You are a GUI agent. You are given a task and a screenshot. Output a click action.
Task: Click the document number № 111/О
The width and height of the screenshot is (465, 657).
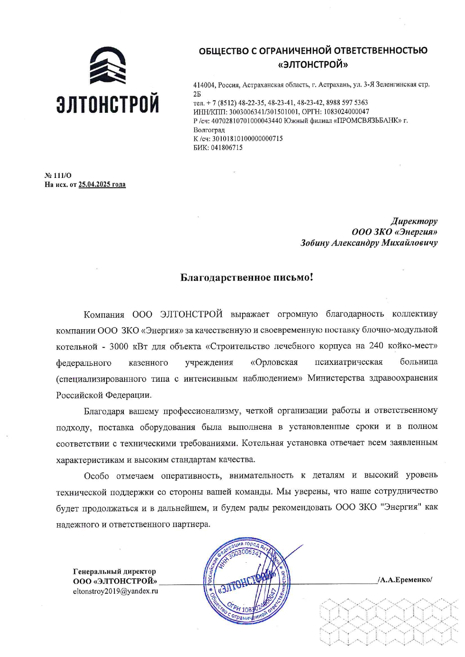[58, 175]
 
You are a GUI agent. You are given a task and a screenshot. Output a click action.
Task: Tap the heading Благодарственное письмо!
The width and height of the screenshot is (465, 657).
[246, 277]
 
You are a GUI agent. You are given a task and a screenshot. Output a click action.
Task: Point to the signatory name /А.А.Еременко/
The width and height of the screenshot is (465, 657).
[405, 579]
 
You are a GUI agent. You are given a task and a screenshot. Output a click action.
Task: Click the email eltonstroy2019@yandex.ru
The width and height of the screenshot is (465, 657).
[115, 591]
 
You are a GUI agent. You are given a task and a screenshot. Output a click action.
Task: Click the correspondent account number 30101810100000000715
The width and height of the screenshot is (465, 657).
[247, 139]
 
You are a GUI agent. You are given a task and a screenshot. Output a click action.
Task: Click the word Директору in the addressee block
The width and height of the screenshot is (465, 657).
[414, 221]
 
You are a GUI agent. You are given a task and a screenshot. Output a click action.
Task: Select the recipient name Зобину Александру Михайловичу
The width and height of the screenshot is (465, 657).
[369, 243]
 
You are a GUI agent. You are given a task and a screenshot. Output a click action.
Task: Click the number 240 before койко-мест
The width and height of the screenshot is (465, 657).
[376, 345]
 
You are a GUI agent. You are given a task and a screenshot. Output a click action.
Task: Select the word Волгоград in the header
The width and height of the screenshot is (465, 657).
[209, 130]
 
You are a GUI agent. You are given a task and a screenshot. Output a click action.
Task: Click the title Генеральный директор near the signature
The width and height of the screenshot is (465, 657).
[114, 571]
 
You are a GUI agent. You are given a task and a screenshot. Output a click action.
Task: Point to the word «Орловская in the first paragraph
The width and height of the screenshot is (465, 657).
[274, 362]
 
